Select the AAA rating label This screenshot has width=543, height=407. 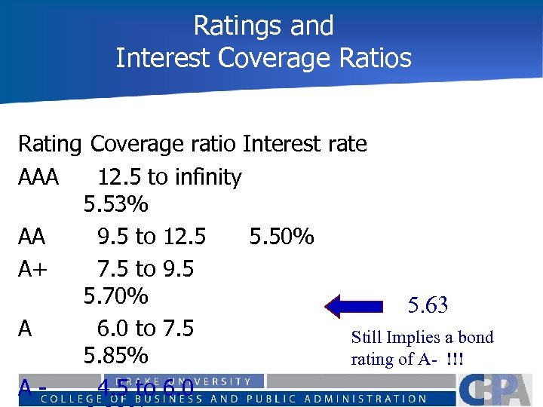[38, 178]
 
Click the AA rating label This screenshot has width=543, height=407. [32, 237]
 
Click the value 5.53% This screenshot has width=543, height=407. [116, 204]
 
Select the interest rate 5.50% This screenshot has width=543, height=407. [281, 237]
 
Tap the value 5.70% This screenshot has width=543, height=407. [116, 296]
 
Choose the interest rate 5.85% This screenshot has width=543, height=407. [116, 354]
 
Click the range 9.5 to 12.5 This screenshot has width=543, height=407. [152, 237]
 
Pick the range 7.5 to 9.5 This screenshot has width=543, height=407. [146, 268]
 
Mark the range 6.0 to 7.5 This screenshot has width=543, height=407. [146, 329]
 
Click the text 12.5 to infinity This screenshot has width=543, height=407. [170, 178]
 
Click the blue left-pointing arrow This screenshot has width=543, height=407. [355, 305]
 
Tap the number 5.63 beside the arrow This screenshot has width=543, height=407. [428, 305]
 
